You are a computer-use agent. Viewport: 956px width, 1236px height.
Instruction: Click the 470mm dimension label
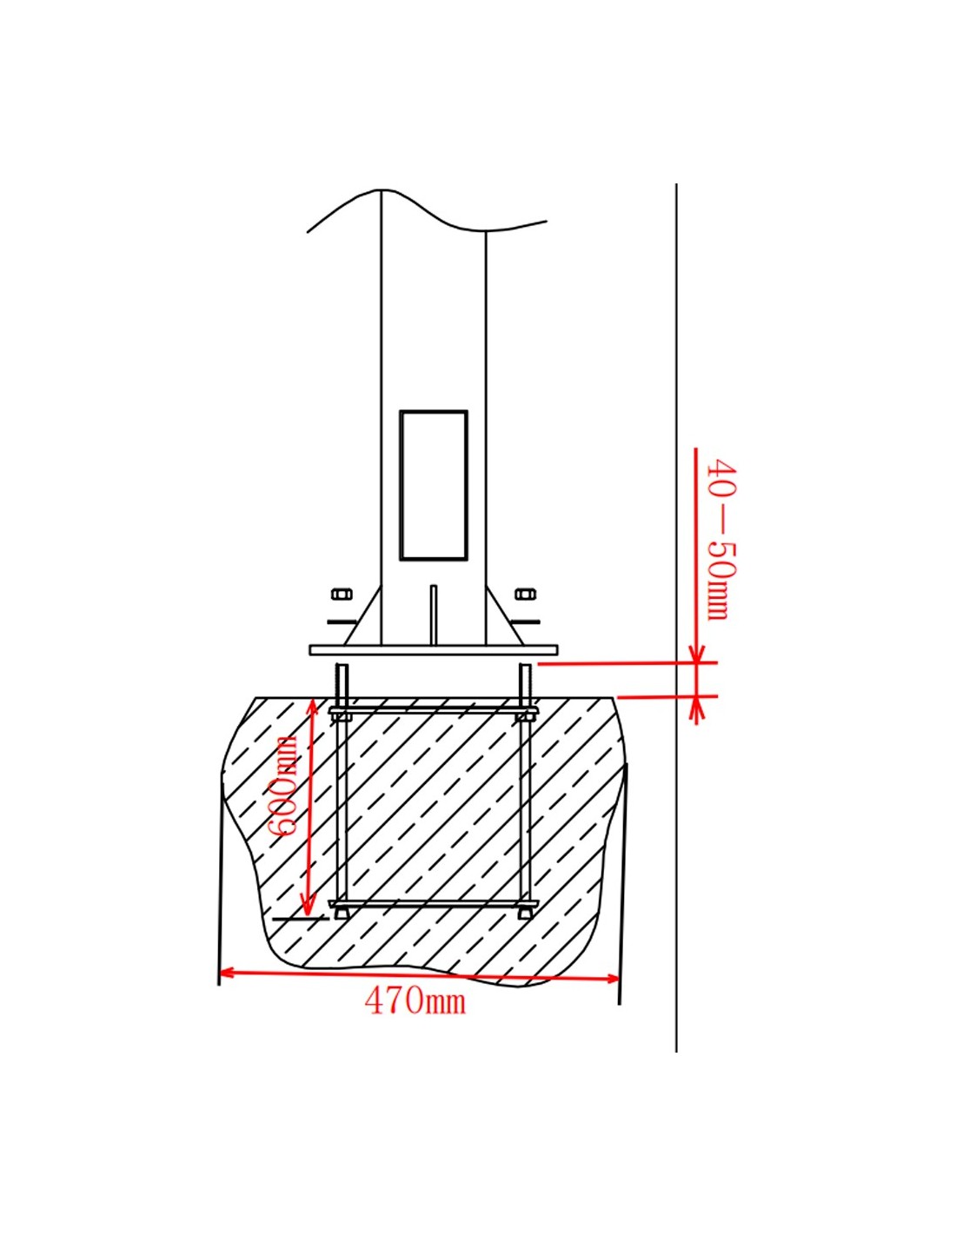(x=415, y=1001)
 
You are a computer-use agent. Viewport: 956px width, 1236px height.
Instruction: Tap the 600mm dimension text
(x=285, y=786)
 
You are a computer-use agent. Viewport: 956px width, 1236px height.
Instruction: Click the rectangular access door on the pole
(x=433, y=485)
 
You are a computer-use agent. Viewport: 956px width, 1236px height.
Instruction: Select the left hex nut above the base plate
(x=342, y=595)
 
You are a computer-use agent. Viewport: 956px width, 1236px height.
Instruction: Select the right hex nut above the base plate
(x=525, y=595)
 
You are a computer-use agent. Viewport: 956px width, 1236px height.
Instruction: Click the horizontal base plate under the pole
(x=433, y=649)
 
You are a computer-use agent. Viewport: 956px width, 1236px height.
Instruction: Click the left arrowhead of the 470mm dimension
(x=226, y=973)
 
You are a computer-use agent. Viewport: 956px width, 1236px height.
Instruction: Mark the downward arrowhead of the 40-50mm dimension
(x=695, y=654)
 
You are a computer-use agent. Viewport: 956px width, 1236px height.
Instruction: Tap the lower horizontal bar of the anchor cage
(x=433, y=905)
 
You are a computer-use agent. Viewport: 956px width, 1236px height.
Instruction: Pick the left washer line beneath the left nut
(x=341, y=621)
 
